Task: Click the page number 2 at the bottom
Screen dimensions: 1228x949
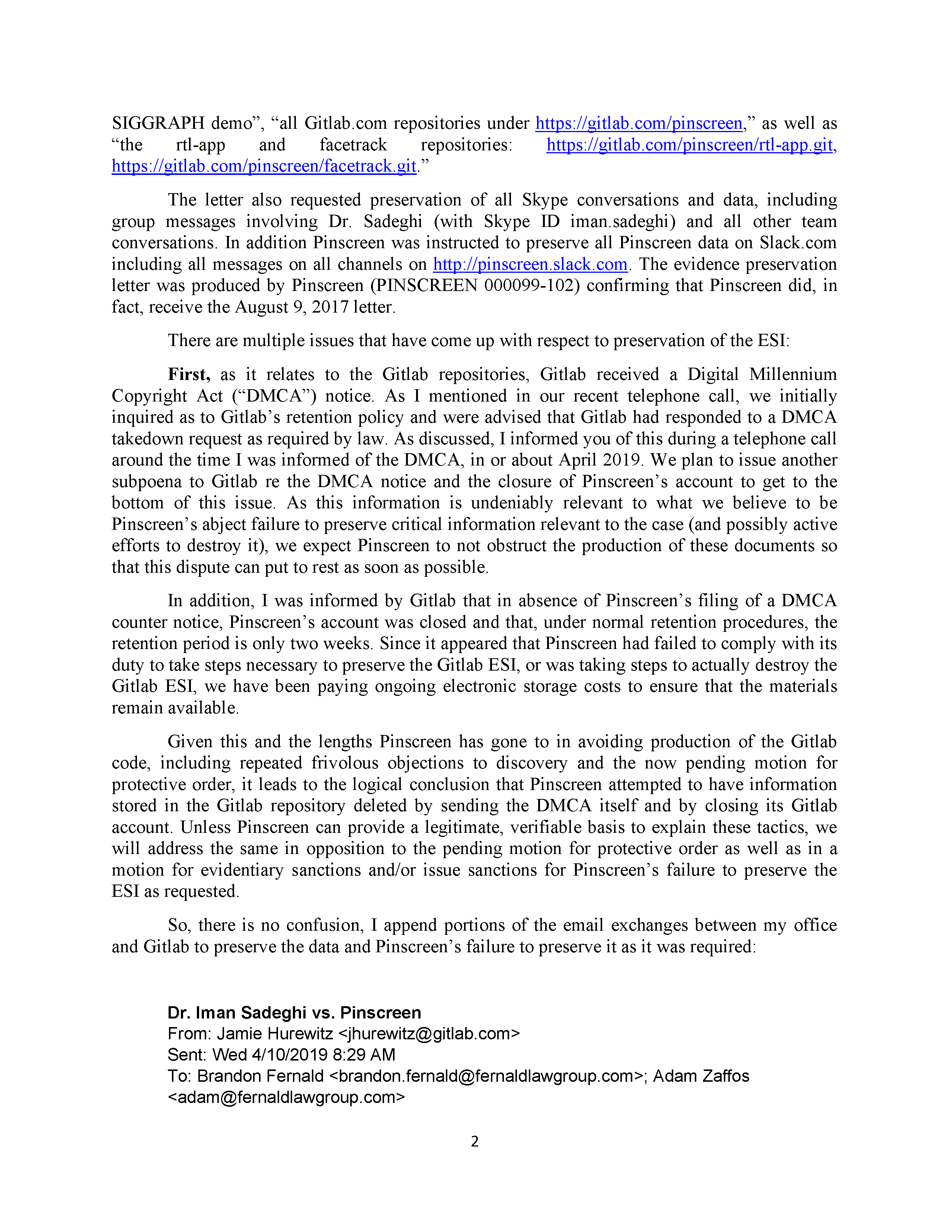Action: (x=474, y=1141)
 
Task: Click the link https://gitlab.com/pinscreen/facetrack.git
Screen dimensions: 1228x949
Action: (x=264, y=166)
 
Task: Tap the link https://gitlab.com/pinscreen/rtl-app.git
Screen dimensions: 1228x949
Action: (x=689, y=145)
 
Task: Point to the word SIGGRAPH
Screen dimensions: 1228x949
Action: (x=158, y=123)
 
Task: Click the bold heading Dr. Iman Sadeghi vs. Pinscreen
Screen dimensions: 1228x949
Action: (x=294, y=1012)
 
